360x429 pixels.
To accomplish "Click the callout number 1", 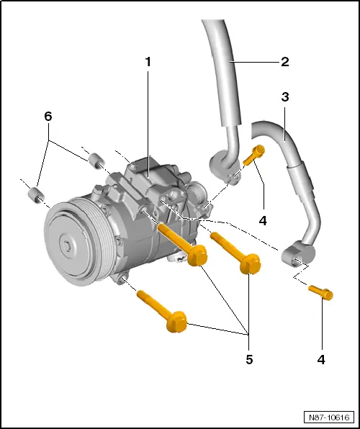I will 148,62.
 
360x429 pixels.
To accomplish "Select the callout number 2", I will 284,61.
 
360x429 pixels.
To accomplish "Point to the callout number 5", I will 250,358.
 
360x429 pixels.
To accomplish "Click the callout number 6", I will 48,116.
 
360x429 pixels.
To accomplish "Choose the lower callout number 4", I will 320,358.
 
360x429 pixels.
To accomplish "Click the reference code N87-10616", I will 328,417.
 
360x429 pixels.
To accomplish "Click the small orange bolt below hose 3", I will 320,292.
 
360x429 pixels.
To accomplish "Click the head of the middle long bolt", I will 197,256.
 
